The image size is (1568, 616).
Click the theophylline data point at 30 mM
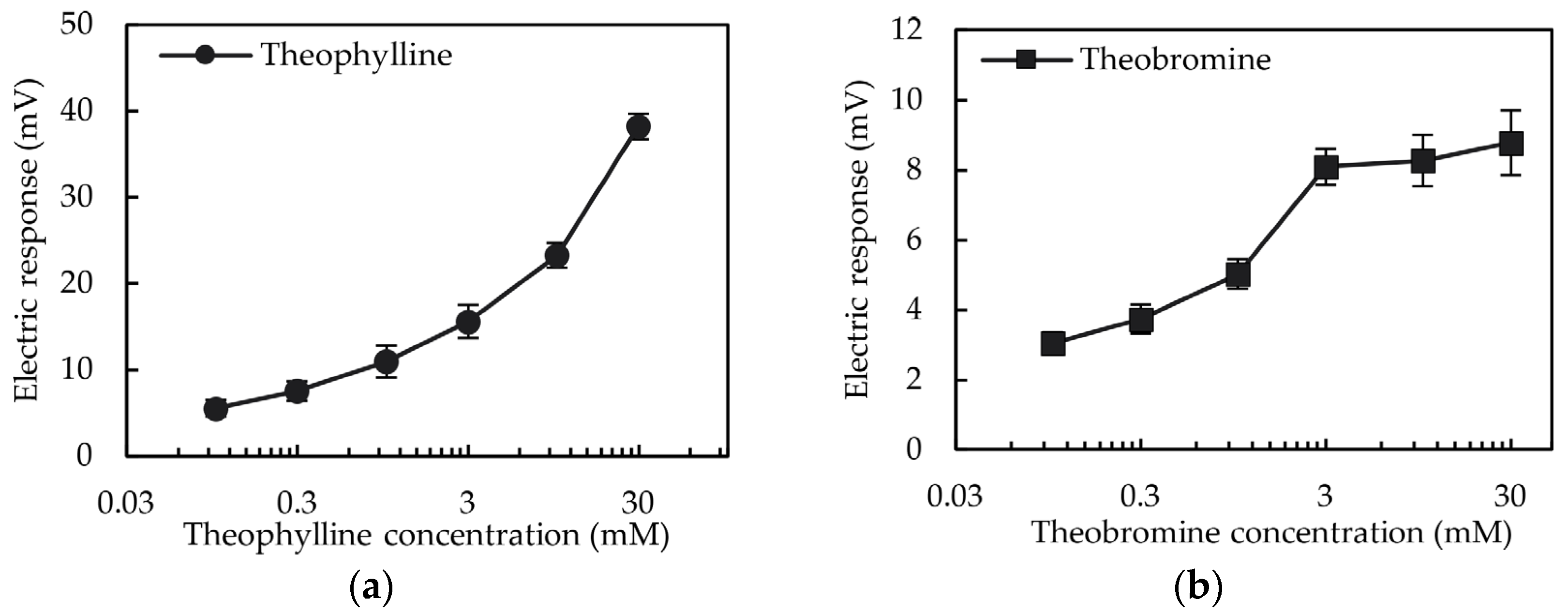tap(639, 127)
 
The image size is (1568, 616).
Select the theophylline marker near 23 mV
tap(556, 255)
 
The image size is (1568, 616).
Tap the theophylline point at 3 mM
tap(467, 321)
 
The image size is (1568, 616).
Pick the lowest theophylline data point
tap(215, 409)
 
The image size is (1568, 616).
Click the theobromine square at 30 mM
tap(1511, 144)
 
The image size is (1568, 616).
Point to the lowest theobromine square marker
tap(1052, 344)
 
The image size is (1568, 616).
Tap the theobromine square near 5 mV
tap(1238, 275)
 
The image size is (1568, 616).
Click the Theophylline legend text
tap(357, 55)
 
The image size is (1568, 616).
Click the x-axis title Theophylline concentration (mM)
tap(427, 535)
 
